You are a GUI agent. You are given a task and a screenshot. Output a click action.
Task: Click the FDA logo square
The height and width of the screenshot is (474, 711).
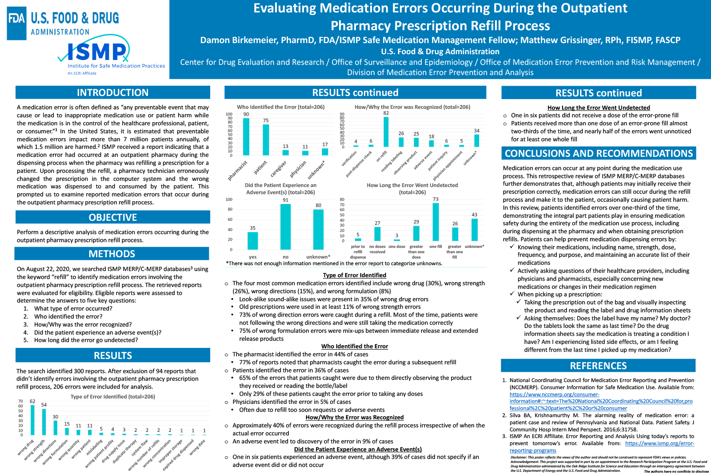point(17,23)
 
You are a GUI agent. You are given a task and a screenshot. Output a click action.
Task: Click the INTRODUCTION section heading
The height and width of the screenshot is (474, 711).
point(113,92)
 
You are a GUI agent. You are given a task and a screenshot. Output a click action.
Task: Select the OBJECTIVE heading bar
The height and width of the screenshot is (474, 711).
point(113,217)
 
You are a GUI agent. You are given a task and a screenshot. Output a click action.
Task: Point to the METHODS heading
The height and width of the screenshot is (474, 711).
point(112,254)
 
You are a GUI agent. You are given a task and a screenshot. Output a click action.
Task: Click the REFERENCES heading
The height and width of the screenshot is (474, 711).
point(598,366)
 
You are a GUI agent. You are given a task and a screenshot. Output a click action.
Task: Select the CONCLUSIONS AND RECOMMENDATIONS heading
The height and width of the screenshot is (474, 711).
point(599,153)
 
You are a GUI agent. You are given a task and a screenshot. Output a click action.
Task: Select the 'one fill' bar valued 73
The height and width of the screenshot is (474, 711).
point(435,222)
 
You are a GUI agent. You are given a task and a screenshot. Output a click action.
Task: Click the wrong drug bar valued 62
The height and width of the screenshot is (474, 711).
point(32,420)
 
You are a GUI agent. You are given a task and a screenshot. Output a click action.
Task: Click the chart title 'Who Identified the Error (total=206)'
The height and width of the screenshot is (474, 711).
point(280,107)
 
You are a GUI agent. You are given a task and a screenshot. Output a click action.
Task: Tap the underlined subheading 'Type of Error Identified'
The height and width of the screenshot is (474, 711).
point(354,275)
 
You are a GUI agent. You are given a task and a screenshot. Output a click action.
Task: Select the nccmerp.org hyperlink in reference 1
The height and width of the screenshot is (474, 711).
point(601,401)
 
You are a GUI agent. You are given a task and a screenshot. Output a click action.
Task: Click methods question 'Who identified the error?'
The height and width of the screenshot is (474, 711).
point(68,316)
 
